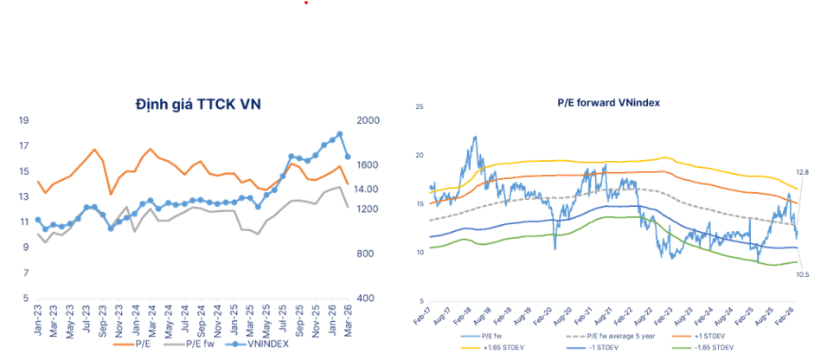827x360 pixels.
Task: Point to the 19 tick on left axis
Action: [x=24, y=121]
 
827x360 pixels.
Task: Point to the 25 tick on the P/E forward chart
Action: [x=419, y=107]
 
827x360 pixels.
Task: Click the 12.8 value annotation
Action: [x=802, y=173]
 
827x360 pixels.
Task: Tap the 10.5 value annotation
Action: [x=802, y=274]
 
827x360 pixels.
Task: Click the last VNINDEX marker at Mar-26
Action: [x=348, y=157]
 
